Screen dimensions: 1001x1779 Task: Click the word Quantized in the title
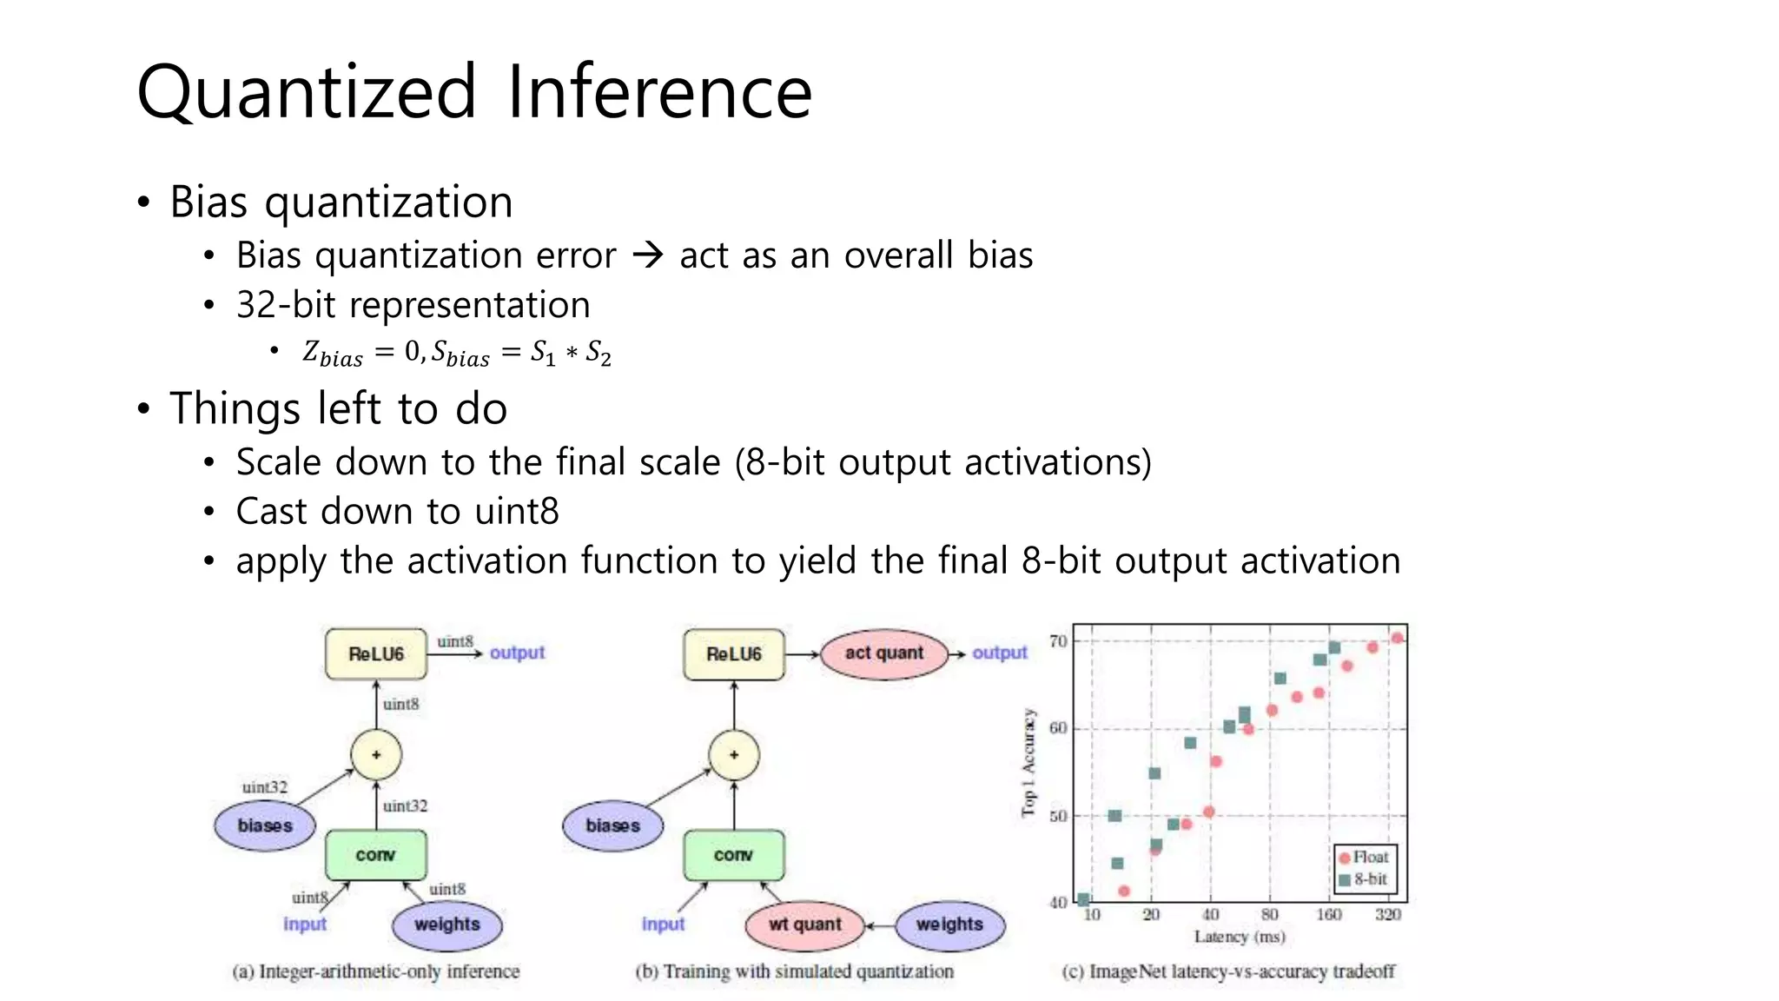coord(307,93)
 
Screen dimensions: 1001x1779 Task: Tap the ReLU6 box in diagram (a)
coord(376,653)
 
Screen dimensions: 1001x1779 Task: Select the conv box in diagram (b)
coord(733,855)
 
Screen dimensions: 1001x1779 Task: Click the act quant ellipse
coord(883,653)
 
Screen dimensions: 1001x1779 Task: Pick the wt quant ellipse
coord(804,925)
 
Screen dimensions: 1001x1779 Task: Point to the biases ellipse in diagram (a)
coord(265,825)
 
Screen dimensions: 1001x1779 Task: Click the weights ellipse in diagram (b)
coord(949,925)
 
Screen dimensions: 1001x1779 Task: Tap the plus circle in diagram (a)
coord(376,754)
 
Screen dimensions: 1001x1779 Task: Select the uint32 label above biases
coord(264,787)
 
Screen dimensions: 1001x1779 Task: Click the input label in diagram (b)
coord(663,925)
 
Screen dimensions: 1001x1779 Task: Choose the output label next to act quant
coord(999,653)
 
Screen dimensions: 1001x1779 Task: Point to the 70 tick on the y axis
coord(1058,641)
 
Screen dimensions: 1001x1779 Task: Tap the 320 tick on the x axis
coord(1387,914)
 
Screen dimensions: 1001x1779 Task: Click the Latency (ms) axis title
coord(1239,937)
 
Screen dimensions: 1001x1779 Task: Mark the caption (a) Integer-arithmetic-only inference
coord(375,971)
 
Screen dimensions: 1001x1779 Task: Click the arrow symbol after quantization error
coord(648,255)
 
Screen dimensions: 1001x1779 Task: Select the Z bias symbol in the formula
coord(332,353)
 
